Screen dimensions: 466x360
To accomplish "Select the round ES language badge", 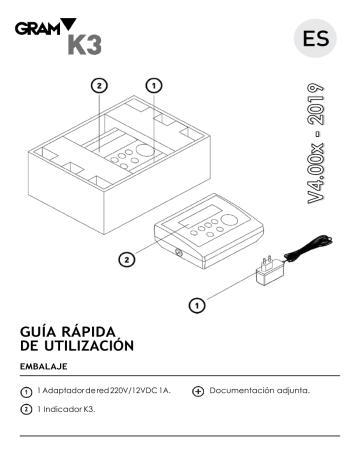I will tap(311, 39).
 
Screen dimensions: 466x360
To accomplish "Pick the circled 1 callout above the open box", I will tap(153, 86).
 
